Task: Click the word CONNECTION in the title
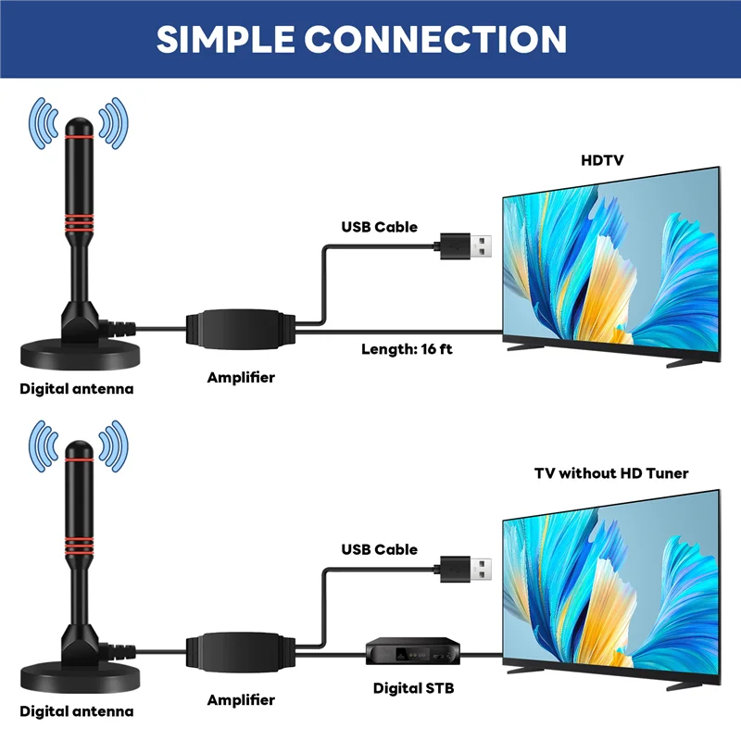pos(435,39)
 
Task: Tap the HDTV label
pos(602,160)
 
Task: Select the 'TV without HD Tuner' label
pos(611,473)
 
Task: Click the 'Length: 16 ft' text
pos(407,349)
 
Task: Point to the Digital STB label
pos(413,688)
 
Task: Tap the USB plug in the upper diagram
pos(465,245)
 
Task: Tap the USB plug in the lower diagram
pos(465,568)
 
